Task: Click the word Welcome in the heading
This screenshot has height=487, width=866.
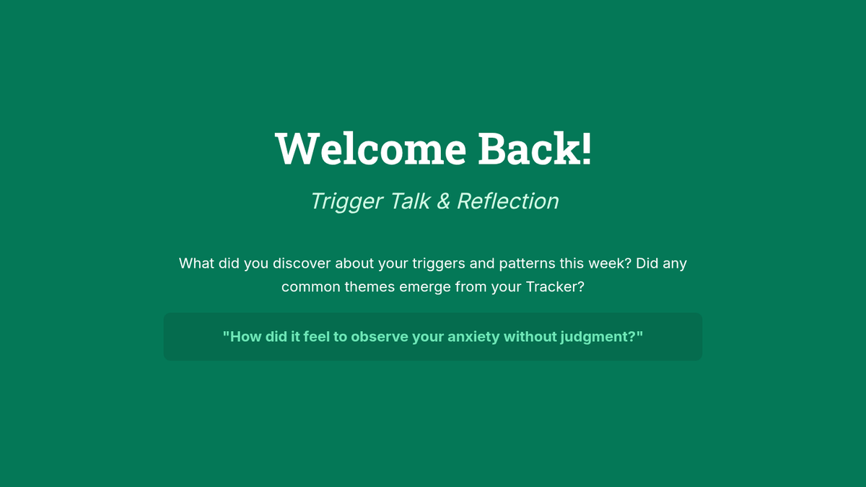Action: [370, 149]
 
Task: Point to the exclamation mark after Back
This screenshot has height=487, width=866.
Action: [586, 149]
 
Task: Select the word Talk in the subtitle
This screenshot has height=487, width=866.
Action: [410, 201]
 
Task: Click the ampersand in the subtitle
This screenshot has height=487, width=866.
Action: [444, 201]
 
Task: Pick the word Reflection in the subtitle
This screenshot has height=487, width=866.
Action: [507, 201]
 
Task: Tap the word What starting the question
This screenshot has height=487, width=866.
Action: [196, 263]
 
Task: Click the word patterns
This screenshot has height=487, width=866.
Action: [527, 264]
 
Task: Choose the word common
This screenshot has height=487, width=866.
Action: [311, 287]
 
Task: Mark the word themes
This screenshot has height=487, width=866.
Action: [369, 287]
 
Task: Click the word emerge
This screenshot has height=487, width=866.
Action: [425, 288]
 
